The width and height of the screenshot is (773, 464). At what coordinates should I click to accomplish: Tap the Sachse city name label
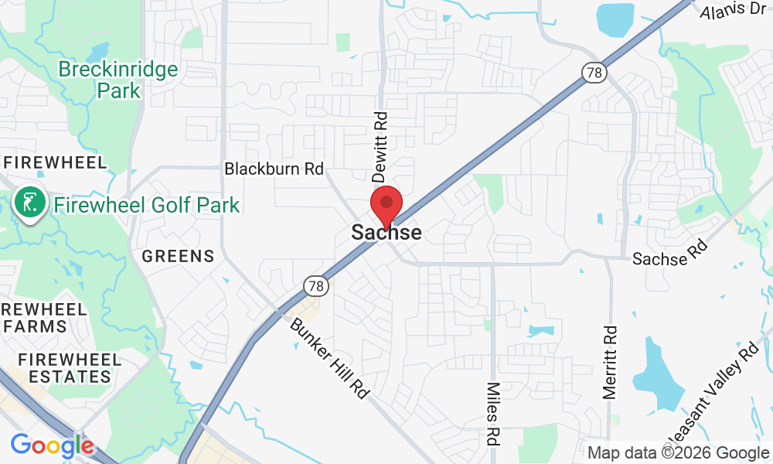(x=386, y=232)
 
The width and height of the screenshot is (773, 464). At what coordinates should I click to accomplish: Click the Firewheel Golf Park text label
(x=146, y=205)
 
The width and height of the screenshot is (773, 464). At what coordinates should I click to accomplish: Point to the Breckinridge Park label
(x=118, y=80)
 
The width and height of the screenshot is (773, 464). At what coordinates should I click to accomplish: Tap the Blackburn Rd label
(x=274, y=168)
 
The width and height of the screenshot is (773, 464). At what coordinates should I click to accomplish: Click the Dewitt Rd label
(x=380, y=146)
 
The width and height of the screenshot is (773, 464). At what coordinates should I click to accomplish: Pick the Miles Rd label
(x=493, y=413)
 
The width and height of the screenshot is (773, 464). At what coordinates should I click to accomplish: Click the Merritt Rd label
(x=611, y=361)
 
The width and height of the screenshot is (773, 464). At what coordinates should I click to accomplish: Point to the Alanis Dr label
(x=732, y=10)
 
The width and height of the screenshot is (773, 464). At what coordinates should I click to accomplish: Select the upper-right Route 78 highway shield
(x=594, y=72)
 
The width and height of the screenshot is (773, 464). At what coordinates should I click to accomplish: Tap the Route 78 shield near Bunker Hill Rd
(x=317, y=286)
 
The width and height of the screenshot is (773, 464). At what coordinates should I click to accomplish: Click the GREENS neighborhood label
(x=178, y=256)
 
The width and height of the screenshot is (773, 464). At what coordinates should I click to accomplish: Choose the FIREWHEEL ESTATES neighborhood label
(x=70, y=368)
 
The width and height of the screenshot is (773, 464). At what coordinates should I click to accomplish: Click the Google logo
(x=52, y=445)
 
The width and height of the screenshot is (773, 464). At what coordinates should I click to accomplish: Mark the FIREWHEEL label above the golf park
(x=55, y=162)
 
